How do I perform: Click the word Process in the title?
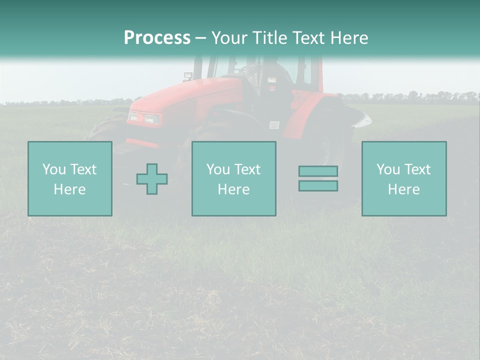point(157,38)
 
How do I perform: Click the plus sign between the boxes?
point(152,179)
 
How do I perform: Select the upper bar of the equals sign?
point(318,171)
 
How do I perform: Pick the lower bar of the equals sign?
point(318,185)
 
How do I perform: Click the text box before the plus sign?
point(70,178)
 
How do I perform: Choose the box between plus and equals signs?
point(233,178)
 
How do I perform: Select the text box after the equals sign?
point(404,178)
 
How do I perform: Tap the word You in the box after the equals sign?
point(388,169)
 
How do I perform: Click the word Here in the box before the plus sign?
point(69,189)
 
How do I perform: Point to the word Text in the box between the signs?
point(247,169)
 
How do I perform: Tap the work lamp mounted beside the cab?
point(188,76)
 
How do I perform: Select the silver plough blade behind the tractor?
point(360,117)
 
